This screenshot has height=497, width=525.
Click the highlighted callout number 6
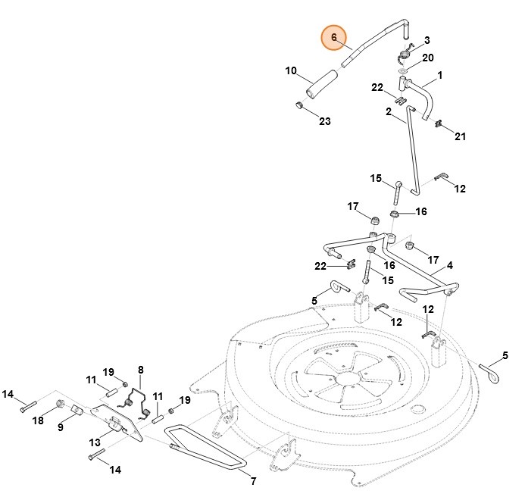point(333,37)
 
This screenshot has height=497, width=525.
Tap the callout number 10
point(291,70)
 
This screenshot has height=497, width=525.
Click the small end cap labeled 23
point(299,105)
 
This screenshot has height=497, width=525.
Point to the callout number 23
point(325,121)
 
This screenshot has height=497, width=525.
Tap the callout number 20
point(428,58)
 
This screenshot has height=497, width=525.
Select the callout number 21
point(460,136)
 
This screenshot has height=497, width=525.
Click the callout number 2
point(389,111)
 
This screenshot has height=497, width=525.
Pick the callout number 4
point(450,266)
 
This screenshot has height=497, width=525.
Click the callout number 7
point(254,481)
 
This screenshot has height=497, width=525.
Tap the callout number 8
point(141,370)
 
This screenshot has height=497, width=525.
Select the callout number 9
point(61,427)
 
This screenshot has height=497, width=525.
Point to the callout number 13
point(95,442)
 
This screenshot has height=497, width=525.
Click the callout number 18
point(38,420)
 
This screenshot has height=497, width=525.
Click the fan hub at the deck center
point(348,379)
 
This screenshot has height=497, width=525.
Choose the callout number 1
point(439,75)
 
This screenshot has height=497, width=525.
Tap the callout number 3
point(427,40)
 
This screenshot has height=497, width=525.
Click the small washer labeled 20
point(402,70)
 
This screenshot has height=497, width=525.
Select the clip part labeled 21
point(438,123)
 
